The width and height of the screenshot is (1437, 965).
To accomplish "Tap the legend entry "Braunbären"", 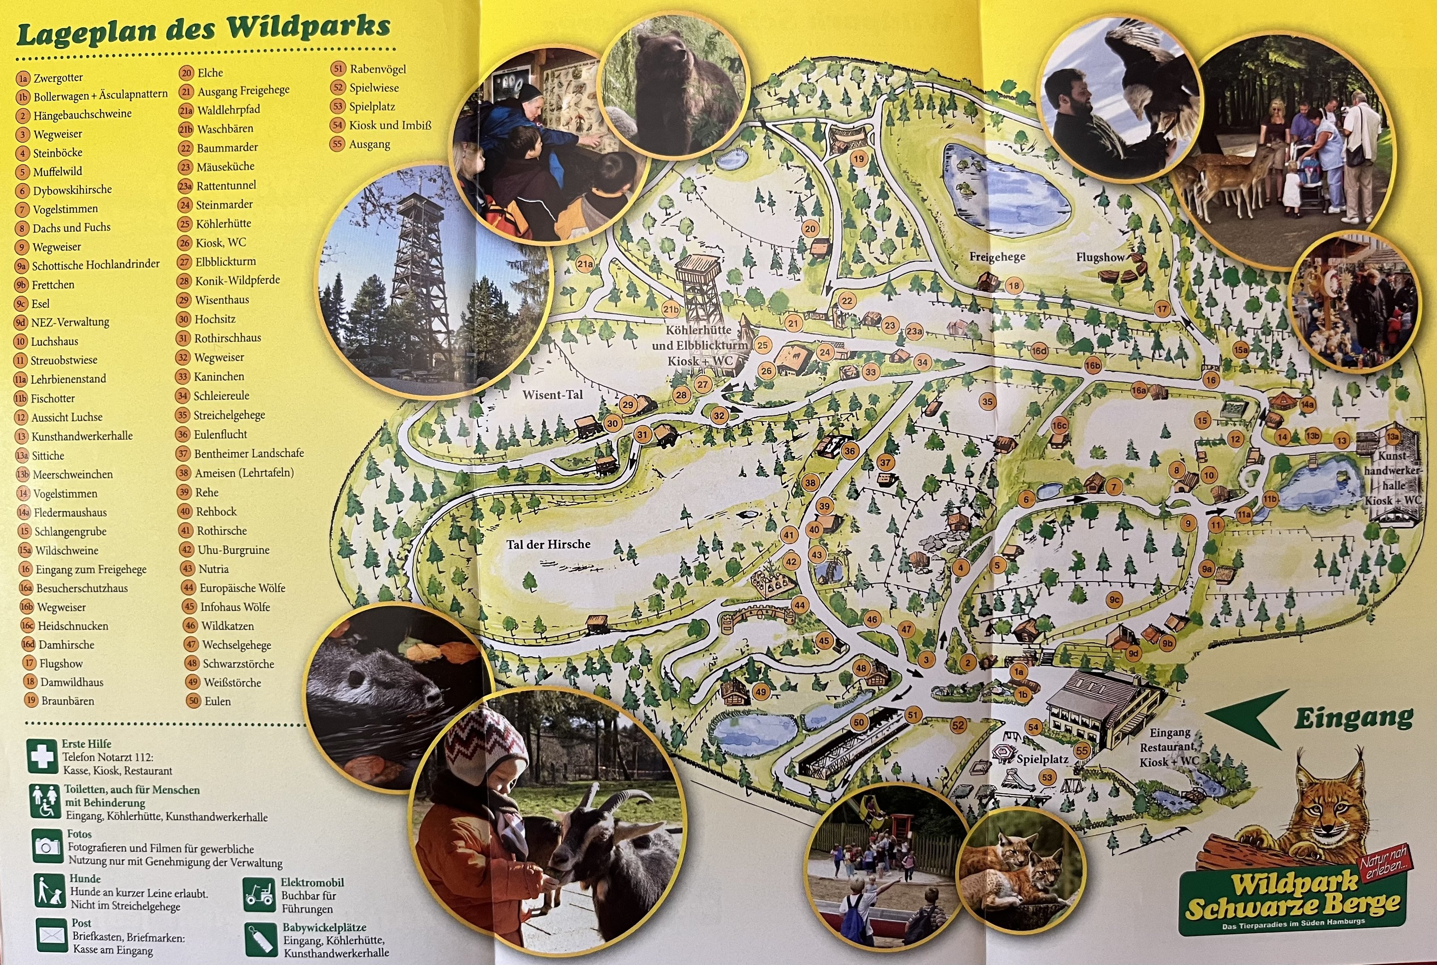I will point(68,701).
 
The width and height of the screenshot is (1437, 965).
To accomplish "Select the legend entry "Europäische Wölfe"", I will point(242,588).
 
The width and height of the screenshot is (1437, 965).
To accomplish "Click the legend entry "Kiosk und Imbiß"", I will point(390,126).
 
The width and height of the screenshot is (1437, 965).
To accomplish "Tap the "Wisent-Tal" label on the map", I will point(552,394).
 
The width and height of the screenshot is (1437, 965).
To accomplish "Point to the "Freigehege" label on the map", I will point(997,256).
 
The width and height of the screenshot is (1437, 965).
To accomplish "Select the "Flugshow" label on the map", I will point(1100,257).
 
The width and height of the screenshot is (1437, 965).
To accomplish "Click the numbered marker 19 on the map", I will point(859,159).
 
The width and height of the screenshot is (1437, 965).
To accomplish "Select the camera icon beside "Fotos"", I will point(47,847).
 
